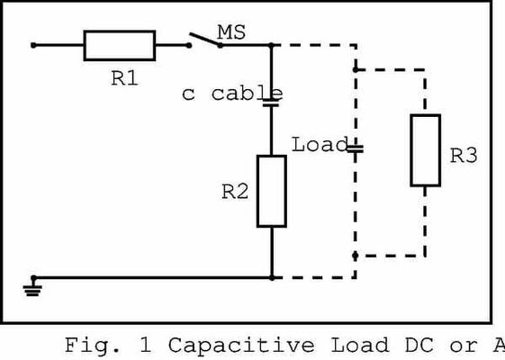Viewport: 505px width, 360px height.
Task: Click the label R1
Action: tap(124, 78)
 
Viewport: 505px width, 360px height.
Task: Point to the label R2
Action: tap(235, 192)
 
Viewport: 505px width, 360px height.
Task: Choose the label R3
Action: tap(463, 156)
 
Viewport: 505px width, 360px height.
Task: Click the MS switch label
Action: tap(231, 32)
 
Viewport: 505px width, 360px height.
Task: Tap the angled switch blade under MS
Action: tap(205, 40)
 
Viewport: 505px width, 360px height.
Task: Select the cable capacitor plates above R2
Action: tap(271, 102)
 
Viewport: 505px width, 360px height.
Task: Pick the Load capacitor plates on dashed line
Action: tap(356, 148)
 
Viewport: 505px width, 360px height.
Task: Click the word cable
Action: tap(247, 94)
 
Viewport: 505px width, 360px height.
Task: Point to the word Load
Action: tap(320, 144)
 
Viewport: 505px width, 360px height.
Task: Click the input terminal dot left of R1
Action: tap(33, 45)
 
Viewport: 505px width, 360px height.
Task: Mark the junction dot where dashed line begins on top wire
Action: tap(272, 45)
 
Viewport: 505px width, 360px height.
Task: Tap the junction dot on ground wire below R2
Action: tap(272, 277)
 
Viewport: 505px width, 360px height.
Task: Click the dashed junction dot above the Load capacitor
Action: tap(356, 69)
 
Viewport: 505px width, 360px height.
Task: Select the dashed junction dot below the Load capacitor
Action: tap(356, 256)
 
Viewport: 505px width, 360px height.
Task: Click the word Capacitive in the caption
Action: tap(241, 346)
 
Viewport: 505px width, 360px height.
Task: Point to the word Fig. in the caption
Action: tap(93, 346)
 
